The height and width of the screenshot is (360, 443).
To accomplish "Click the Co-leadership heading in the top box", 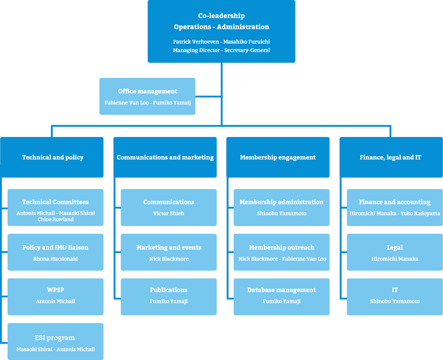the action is pos(221,16).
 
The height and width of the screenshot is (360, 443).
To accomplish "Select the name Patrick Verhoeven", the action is pos(196,42).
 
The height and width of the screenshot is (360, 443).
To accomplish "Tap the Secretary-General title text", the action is pos(247,50).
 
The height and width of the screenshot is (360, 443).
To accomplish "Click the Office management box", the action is pos(147,96).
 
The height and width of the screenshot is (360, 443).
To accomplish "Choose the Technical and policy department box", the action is pos(52,157).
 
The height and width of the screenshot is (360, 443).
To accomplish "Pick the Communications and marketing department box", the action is pos(165,157).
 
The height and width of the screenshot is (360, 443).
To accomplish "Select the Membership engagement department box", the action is pos(278,157).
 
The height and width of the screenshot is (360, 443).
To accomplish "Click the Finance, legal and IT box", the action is pos(391,157).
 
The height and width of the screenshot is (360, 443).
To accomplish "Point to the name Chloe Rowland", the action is pos(56,219).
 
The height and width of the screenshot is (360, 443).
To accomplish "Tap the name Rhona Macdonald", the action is pos(55,259).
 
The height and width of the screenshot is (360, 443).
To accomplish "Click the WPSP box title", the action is pos(55,290).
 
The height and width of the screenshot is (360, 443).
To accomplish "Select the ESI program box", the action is pos(56,342).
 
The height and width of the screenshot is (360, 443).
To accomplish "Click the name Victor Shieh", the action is pos(169,213).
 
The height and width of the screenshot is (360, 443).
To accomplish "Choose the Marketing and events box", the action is pos(169,252).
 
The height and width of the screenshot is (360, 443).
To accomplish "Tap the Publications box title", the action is pos(169,290).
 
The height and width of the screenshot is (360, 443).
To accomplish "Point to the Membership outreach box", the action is pos(281,252).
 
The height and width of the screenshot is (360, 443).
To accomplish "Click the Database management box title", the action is pos(281,290).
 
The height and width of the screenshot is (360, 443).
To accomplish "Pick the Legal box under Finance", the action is pos(395,252).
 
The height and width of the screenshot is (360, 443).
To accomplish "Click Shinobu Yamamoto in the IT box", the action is pos(395,301).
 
